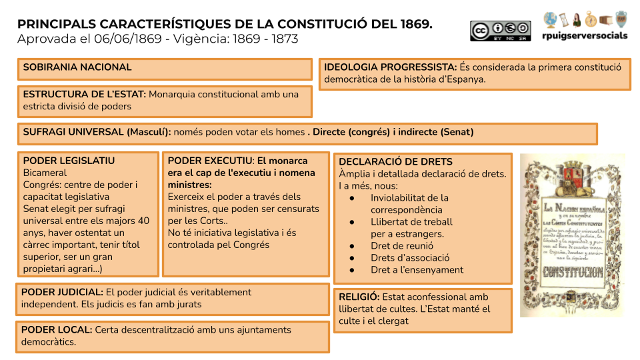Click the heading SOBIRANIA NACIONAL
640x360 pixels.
[x=77, y=67]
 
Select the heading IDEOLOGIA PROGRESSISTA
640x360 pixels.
[x=390, y=67]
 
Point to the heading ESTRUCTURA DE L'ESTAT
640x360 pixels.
[x=84, y=94]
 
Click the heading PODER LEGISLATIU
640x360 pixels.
[x=69, y=161]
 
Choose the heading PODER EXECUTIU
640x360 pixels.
[x=210, y=161]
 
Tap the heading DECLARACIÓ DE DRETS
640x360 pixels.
[x=395, y=161]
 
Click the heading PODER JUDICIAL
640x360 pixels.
[x=62, y=292]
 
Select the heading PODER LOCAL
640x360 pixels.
[x=57, y=329]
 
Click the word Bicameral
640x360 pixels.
[x=45, y=173]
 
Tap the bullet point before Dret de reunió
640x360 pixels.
[x=352, y=246]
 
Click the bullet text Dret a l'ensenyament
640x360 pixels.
[x=417, y=270]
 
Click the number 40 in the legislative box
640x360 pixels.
[x=143, y=221]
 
